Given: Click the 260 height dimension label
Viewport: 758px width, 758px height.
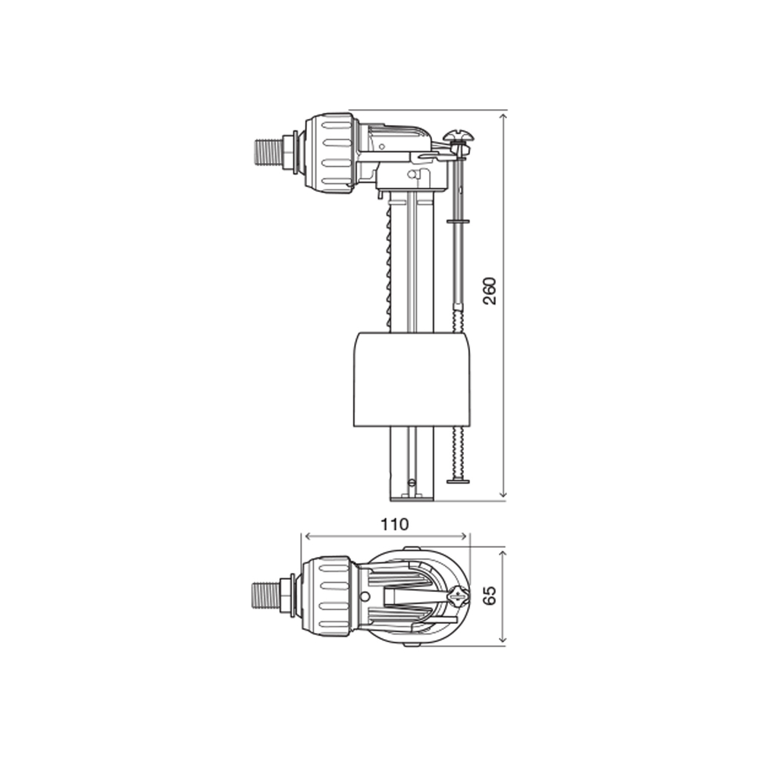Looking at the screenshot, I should pyautogui.click(x=490, y=291).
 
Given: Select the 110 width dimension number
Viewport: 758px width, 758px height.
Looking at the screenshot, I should pyautogui.click(x=394, y=524).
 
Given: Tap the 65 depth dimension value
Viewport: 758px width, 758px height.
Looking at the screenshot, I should pyautogui.click(x=490, y=595).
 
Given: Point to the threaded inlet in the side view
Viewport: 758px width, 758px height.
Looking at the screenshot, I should pyautogui.click(x=265, y=152).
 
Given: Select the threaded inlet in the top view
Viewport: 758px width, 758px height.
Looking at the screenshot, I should pyautogui.click(x=265, y=595).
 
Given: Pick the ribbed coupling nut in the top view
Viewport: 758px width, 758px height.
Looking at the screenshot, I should pyautogui.click(x=327, y=595).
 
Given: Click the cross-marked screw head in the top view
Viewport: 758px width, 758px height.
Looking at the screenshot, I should pyautogui.click(x=458, y=597).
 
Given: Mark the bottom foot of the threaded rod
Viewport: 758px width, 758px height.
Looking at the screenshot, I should pyautogui.click(x=459, y=480).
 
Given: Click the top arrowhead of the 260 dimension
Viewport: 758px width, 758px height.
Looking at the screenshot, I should pyautogui.click(x=503, y=114).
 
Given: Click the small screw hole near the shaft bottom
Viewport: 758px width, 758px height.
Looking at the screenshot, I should pyautogui.click(x=412, y=481).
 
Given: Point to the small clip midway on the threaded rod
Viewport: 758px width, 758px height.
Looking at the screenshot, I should pyautogui.click(x=459, y=221).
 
